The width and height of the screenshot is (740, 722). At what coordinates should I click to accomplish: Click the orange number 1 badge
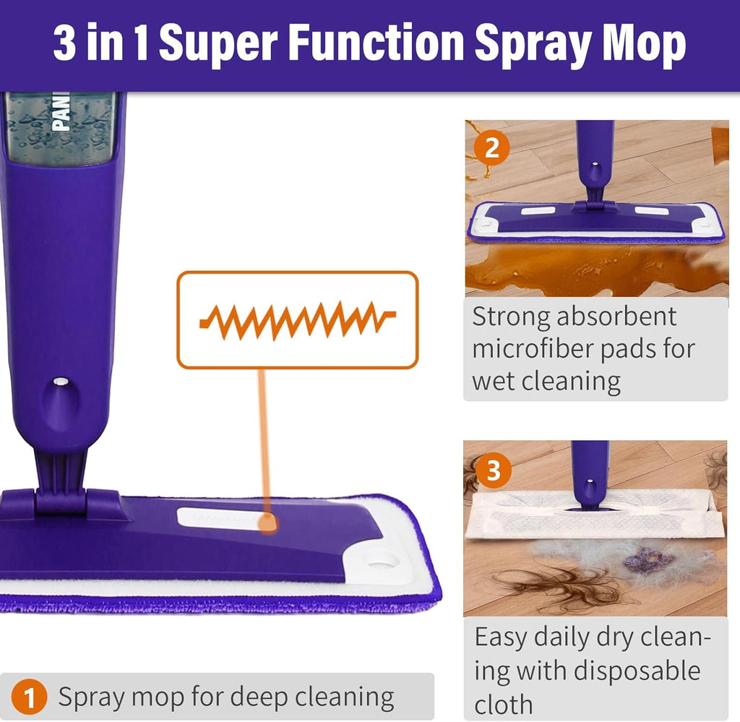(30, 698)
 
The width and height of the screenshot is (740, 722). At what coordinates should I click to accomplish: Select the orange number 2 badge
(492, 148)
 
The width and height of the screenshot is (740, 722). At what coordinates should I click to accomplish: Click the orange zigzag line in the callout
(297, 319)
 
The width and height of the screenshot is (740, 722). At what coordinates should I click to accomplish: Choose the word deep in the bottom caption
(261, 698)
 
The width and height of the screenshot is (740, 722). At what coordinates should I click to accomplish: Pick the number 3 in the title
(66, 44)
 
